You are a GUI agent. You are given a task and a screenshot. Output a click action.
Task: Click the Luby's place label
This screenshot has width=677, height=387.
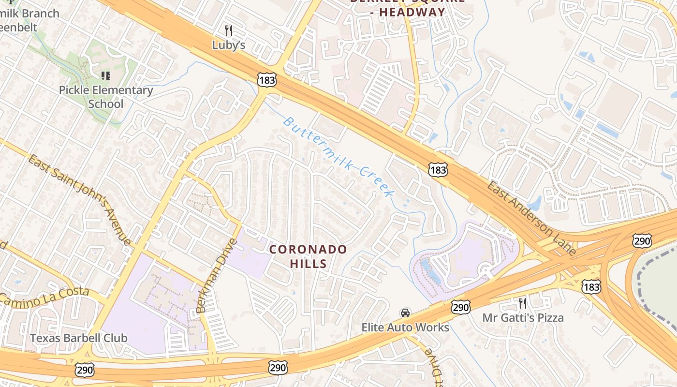click(229, 45)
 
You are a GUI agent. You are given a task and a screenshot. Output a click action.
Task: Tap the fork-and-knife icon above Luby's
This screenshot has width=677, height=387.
click(229, 31)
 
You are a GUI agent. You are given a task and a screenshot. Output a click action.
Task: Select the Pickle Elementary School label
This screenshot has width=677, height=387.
click(106, 97)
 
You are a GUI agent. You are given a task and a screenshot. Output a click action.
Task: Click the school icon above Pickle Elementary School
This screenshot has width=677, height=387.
click(105, 75)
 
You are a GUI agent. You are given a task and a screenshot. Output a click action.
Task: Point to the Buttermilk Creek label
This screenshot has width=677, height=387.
click(338, 156)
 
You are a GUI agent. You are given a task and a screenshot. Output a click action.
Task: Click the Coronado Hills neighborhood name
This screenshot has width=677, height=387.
click(308, 256)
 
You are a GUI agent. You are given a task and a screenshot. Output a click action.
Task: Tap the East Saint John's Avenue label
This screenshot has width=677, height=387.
click(80, 200)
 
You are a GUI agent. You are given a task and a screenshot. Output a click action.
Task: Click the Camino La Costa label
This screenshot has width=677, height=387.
click(44, 297)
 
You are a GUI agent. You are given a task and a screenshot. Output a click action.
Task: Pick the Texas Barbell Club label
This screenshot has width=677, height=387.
click(79, 338)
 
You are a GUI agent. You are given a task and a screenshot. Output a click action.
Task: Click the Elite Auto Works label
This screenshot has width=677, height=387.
click(405, 327)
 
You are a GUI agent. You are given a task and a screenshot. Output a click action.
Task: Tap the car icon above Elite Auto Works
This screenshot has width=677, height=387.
click(405, 313)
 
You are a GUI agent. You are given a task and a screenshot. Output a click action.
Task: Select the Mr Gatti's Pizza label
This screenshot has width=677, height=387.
click(523, 318)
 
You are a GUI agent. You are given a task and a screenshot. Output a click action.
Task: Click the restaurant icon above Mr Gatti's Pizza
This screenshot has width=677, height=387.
click(523, 303)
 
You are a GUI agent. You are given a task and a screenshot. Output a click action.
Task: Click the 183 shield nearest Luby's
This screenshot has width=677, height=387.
click(267, 80)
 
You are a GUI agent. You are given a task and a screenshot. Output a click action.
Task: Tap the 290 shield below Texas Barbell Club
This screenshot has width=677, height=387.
click(84, 371)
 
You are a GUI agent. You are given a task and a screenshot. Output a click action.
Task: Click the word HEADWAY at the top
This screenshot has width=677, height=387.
click(412, 12)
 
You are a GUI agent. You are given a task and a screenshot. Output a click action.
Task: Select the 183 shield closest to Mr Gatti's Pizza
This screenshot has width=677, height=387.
click(591, 286)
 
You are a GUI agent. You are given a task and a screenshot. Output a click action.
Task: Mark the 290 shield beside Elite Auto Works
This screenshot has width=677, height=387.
click(460, 307)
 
